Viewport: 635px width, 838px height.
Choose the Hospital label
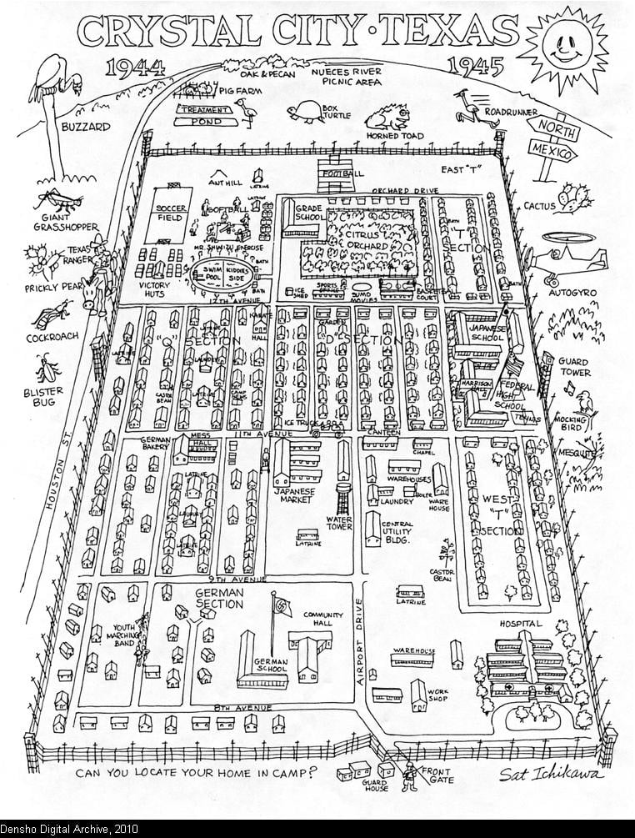coord(521,624)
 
